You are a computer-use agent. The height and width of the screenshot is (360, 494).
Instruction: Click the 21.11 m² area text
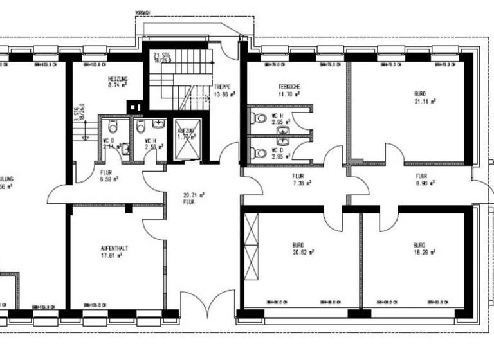pos(425,101)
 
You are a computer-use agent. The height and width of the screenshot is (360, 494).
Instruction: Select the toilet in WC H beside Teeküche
pos(260,118)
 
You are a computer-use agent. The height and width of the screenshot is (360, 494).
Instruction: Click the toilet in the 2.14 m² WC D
pos(111,127)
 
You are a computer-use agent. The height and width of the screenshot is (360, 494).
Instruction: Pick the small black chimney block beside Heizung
pos(133,106)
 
